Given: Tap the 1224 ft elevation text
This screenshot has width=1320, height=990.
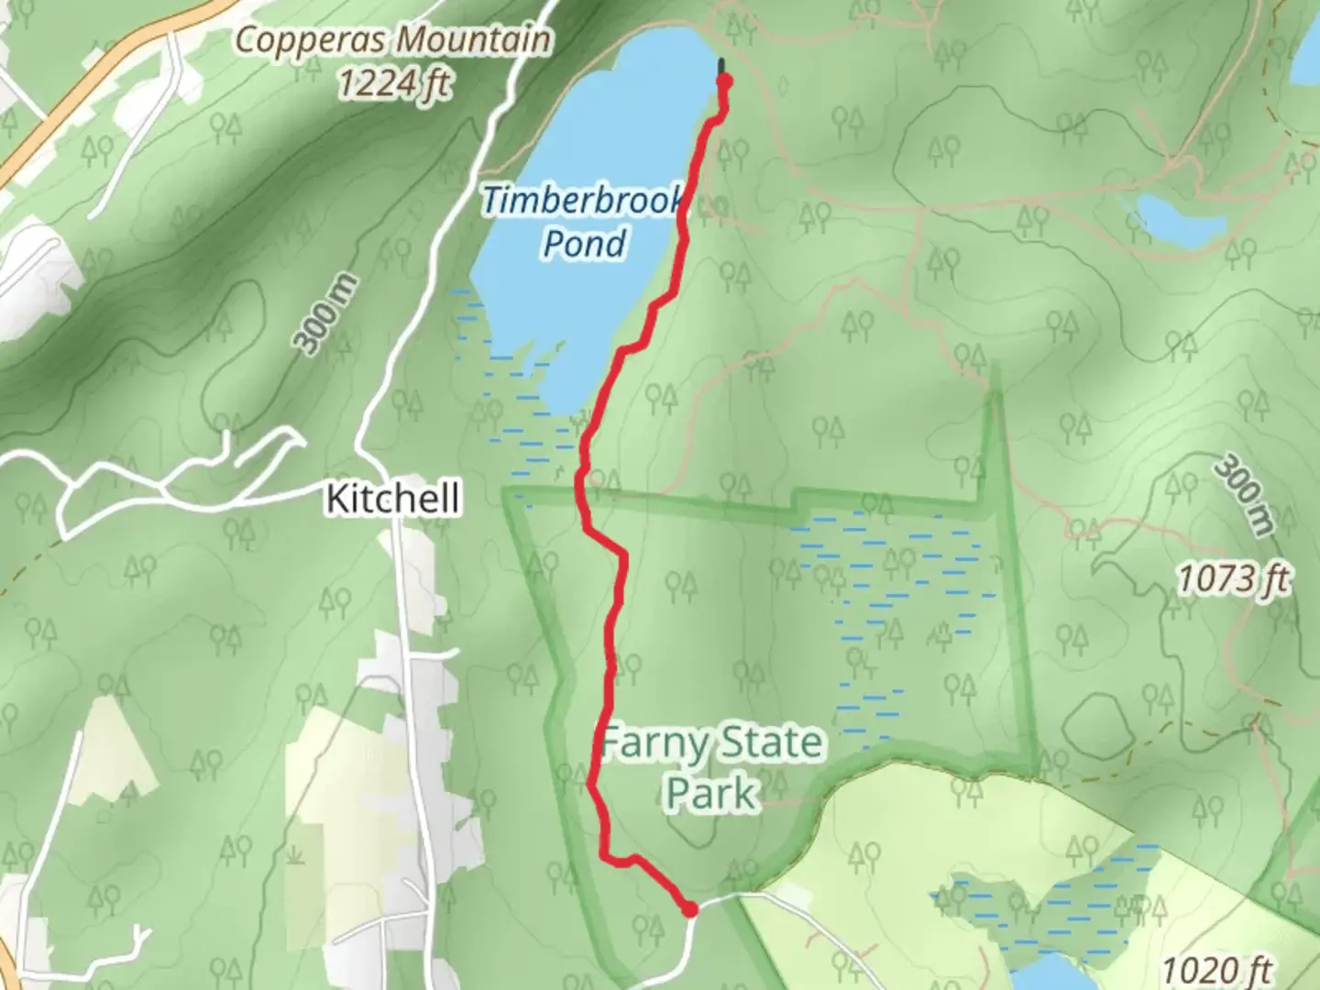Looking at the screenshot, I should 394,84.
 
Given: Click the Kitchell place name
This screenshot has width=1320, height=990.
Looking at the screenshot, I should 393,500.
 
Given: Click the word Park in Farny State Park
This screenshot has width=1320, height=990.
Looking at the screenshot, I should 711,793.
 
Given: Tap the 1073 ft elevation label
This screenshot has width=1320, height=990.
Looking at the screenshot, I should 1234,579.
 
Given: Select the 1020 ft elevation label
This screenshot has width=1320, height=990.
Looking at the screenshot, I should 1217,970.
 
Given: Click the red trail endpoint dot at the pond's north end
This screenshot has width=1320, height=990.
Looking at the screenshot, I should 724,82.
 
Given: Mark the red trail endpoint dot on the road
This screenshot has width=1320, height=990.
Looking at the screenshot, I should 689,909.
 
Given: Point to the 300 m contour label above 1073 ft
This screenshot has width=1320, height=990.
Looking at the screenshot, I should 1243,496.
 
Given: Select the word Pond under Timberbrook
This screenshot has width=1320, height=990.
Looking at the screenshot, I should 585,244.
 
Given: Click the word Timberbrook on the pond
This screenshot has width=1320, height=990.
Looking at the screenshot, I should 583,201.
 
